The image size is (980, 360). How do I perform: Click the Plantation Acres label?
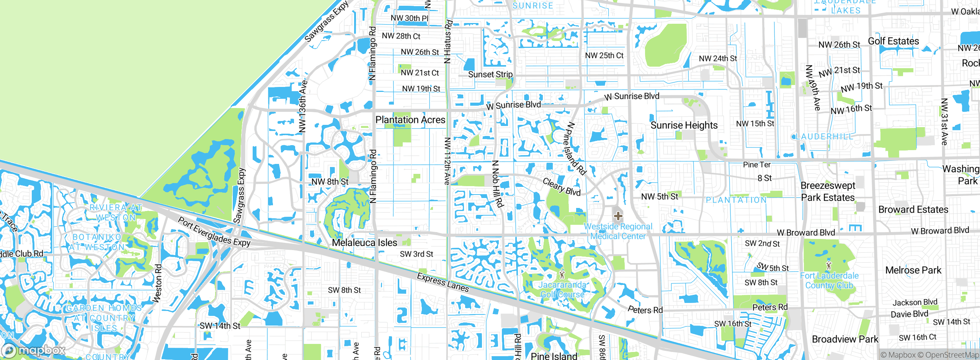tap(410, 120)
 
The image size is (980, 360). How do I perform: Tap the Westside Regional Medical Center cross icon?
tap(618, 216)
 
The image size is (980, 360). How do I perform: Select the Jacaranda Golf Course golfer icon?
tap(562, 275)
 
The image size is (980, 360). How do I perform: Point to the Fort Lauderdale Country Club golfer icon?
tap(829, 265)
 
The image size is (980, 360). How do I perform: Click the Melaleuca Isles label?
tap(364, 242)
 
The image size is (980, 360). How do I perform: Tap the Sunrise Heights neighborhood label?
tap(684, 125)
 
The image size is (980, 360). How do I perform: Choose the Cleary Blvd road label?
tap(562, 187)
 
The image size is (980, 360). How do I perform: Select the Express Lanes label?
tap(443, 282)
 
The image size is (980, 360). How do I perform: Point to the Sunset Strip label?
tap(490, 74)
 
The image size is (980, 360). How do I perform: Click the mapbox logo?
tap(34, 350)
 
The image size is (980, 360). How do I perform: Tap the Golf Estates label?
tap(893, 41)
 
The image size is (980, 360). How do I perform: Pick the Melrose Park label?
tap(913, 270)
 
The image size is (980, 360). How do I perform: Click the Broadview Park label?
tap(845, 339)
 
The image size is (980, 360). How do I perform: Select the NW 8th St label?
tap(330, 182)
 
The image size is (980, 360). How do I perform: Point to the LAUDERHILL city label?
tap(823, 137)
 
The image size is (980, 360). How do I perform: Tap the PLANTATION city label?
tap(736, 200)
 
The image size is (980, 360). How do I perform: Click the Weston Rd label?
tap(157, 283)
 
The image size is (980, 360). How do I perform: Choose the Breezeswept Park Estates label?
tap(828, 191)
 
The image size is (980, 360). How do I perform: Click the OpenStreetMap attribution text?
tap(952, 355)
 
